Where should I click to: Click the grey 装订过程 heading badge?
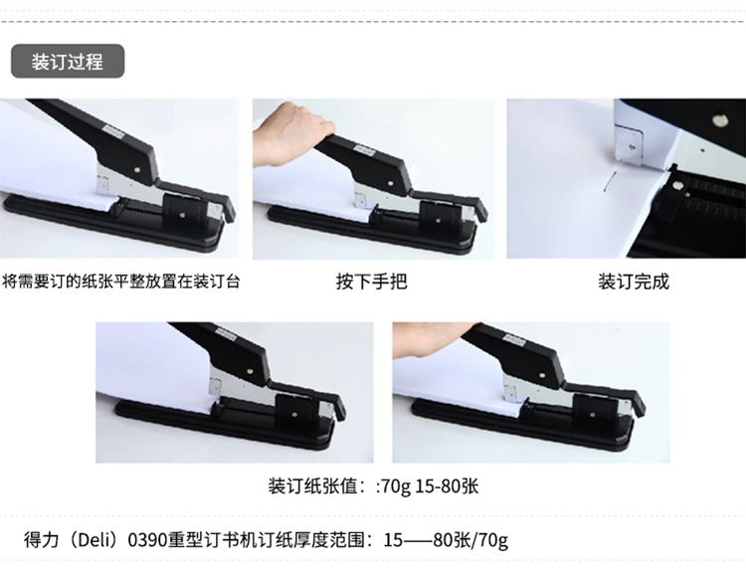click(x=68, y=62)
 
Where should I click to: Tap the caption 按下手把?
click(x=372, y=282)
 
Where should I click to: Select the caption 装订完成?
click(x=634, y=282)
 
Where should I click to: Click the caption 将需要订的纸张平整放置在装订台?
click(x=120, y=282)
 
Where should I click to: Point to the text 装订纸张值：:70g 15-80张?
click(x=373, y=486)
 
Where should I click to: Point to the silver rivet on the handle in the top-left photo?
click(x=137, y=168)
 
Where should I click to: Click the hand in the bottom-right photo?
click(x=434, y=339)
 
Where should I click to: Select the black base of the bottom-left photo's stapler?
click(x=224, y=425)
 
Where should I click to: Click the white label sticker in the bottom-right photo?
click(x=515, y=339)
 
